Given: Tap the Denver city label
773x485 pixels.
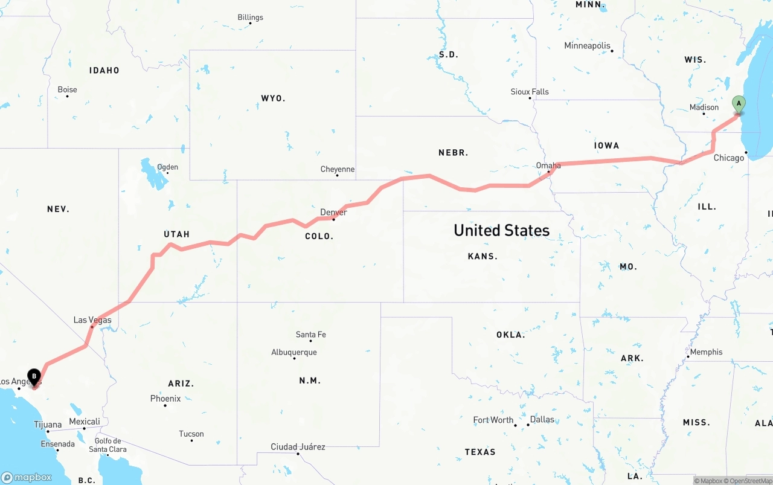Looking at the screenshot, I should click(333, 212).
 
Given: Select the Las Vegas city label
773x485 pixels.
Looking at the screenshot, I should click(92, 320).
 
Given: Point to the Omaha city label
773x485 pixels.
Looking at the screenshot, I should click(548, 165).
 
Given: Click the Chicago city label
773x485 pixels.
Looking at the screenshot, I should click(729, 158).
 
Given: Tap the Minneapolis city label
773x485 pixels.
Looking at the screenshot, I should click(587, 46).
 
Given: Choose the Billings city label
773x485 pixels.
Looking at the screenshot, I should click(250, 18).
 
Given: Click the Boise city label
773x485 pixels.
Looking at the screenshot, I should click(67, 89).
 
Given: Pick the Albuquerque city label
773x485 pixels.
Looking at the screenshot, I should click(293, 352).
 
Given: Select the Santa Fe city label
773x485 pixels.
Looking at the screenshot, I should click(310, 334).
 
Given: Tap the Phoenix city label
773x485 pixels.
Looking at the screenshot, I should click(165, 399).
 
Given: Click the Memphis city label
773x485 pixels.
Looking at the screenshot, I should click(706, 352).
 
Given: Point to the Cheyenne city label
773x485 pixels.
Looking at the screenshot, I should click(337, 169).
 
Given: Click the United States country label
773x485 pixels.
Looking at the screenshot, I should click(501, 230).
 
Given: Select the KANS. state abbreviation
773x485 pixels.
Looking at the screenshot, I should click(483, 256).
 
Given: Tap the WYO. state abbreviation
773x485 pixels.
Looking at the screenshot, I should click(273, 98).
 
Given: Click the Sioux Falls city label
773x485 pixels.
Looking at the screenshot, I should click(530, 92).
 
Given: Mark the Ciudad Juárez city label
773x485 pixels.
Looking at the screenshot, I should click(298, 447).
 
